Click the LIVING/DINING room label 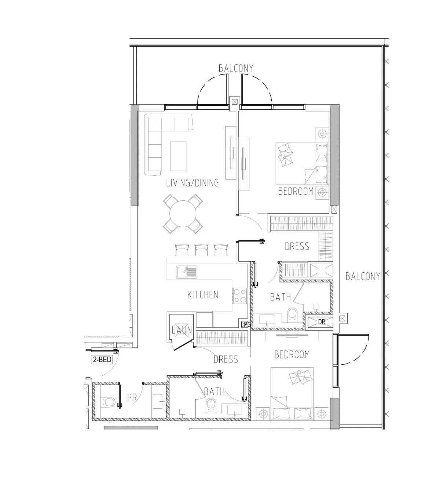pyautogui.click(x=192, y=183)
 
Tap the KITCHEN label pyautogui.click(x=202, y=295)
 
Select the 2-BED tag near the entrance pyautogui.click(x=102, y=359)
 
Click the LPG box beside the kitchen pyautogui.click(x=246, y=324)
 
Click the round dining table pyautogui.click(x=183, y=214)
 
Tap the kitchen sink pyautogui.click(x=186, y=272)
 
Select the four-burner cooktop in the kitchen pyautogui.click(x=239, y=296)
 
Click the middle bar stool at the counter pyautogui.click(x=201, y=250)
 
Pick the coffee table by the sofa pyautogui.click(x=178, y=156)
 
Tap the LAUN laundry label pyautogui.click(x=182, y=330)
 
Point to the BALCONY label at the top pyautogui.click(x=236, y=69)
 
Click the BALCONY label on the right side pyautogui.click(x=363, y=276)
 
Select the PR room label pyautogui.click(x=132, y=398)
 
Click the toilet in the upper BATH pyautogui.click(x=292, y=315)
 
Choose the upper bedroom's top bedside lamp pyautogui.click(x=322, y=134)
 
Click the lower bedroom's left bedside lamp pyautogui.click(x=263, y=414)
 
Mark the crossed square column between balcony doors pyautogui.click(x=234, y=102)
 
